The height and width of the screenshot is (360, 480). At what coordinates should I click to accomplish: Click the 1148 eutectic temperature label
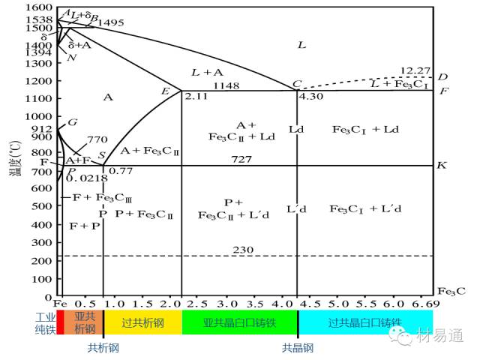coord(227,86)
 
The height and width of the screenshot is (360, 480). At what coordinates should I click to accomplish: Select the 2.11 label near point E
coord(194,97)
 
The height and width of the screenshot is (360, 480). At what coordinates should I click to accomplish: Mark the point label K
coord(442,165)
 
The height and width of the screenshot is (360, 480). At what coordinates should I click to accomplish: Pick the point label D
coord(443,77)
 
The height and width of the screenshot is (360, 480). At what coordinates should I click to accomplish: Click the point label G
coord(73,122)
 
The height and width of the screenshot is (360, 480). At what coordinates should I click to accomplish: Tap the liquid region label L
coord(301,45)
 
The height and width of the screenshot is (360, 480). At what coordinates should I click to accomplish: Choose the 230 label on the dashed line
coord(243,250)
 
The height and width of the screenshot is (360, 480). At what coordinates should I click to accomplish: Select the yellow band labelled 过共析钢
coord(142,322)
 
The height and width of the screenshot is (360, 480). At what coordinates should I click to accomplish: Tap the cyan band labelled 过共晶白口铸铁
coord(365,322)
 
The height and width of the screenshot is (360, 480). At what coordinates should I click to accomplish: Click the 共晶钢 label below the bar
coord(298,347)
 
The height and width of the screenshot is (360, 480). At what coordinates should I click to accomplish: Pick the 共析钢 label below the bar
coord(103,347)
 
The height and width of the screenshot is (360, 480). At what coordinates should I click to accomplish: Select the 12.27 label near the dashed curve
coord(414,70)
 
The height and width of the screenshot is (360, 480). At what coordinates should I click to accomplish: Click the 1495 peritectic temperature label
coord(111,23)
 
